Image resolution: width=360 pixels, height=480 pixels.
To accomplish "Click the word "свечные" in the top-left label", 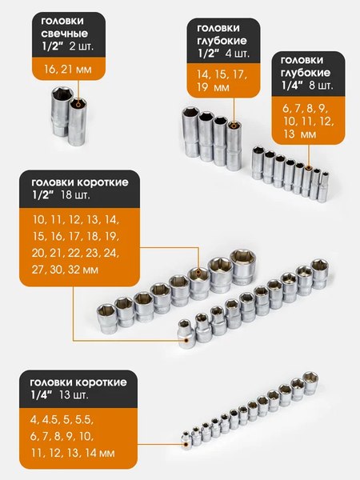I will tap(65, 35).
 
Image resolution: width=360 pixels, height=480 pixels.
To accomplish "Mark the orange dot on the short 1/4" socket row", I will tap(186, 437).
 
